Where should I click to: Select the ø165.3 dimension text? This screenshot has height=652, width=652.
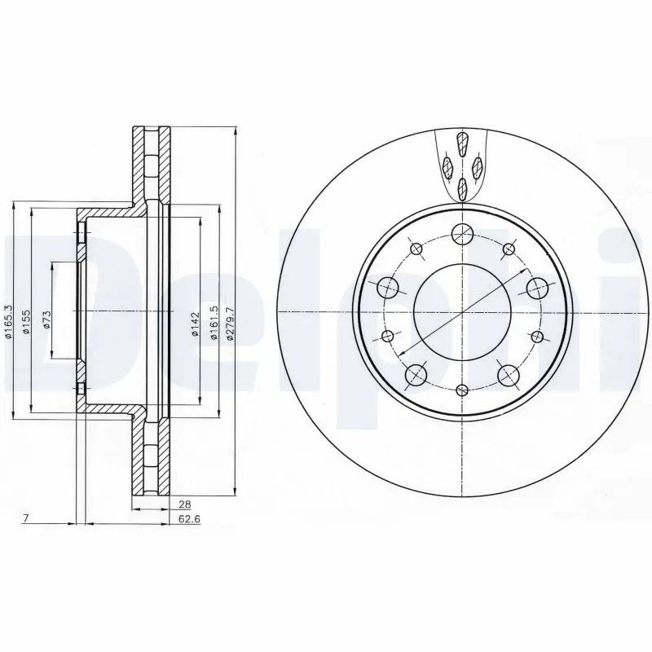[x=7, y=324]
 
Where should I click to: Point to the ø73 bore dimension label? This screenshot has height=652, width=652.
[x=46, y=319]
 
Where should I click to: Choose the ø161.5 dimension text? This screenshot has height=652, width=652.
[x=214, y=319]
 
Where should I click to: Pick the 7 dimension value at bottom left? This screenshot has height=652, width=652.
[x=27, y=518]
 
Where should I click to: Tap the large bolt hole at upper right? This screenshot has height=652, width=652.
[x=536, y=287]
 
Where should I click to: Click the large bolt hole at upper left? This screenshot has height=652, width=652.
[x=387, y=287]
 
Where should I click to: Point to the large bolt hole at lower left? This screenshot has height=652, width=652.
[x=416, y=374]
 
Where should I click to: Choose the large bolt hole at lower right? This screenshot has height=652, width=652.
[x=508, y=374]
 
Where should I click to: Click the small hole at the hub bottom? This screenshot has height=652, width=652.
[x=462, y=390]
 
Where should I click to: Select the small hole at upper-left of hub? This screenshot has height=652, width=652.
[x=415, y=249]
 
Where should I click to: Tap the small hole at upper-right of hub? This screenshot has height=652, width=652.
[x=509, y=249]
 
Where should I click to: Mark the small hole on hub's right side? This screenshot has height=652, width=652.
[x=536, y=336]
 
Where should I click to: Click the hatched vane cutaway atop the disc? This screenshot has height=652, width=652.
[x=462, y=166]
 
